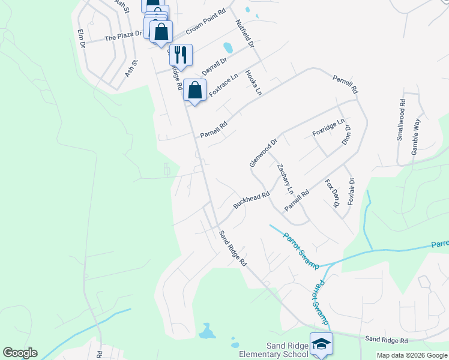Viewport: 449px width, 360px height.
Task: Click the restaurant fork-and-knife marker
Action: (x=181, y=55)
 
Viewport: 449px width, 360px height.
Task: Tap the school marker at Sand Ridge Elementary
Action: (x=321, y=344)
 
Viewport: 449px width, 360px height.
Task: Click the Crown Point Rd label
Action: (x=205, y=22)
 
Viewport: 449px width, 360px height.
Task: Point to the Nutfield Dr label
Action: (x=245, y=34)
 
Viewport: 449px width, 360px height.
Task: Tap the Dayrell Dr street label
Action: (x=214, y=66)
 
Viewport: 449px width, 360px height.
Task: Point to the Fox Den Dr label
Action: (x=332, y=193)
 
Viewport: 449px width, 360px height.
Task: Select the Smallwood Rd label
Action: (x=400, y=124)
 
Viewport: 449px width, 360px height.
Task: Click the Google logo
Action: (x=20, y=353)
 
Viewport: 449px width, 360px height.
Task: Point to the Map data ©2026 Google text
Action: (x=411, y=355)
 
